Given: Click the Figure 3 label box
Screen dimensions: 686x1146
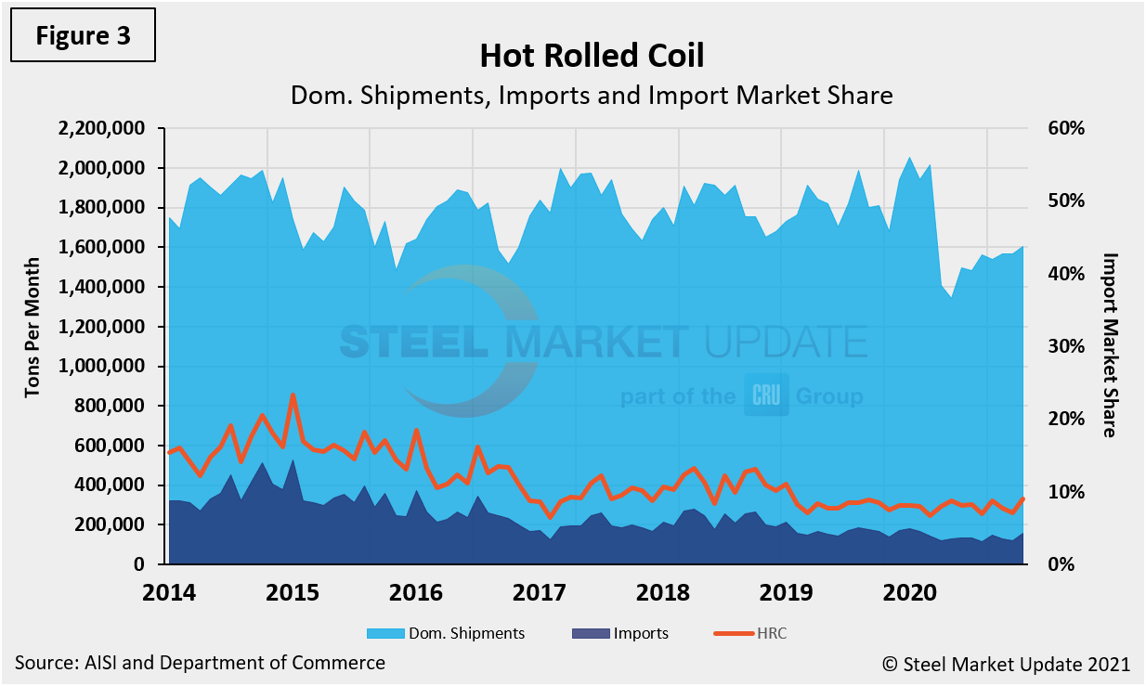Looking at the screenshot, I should (84, 36).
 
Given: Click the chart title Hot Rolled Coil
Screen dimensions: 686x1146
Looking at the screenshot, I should (592, 56).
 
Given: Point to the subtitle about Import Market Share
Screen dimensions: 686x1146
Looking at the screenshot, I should (592, 95).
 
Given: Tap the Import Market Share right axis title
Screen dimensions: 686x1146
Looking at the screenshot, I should (1109, 344).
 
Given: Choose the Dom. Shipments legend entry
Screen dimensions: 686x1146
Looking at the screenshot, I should (446, 633).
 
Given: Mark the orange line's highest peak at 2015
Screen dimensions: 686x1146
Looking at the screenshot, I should (293, 395).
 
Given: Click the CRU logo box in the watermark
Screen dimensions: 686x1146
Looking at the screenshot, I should (766, 396).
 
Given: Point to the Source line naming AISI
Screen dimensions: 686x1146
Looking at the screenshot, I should (200, 663).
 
